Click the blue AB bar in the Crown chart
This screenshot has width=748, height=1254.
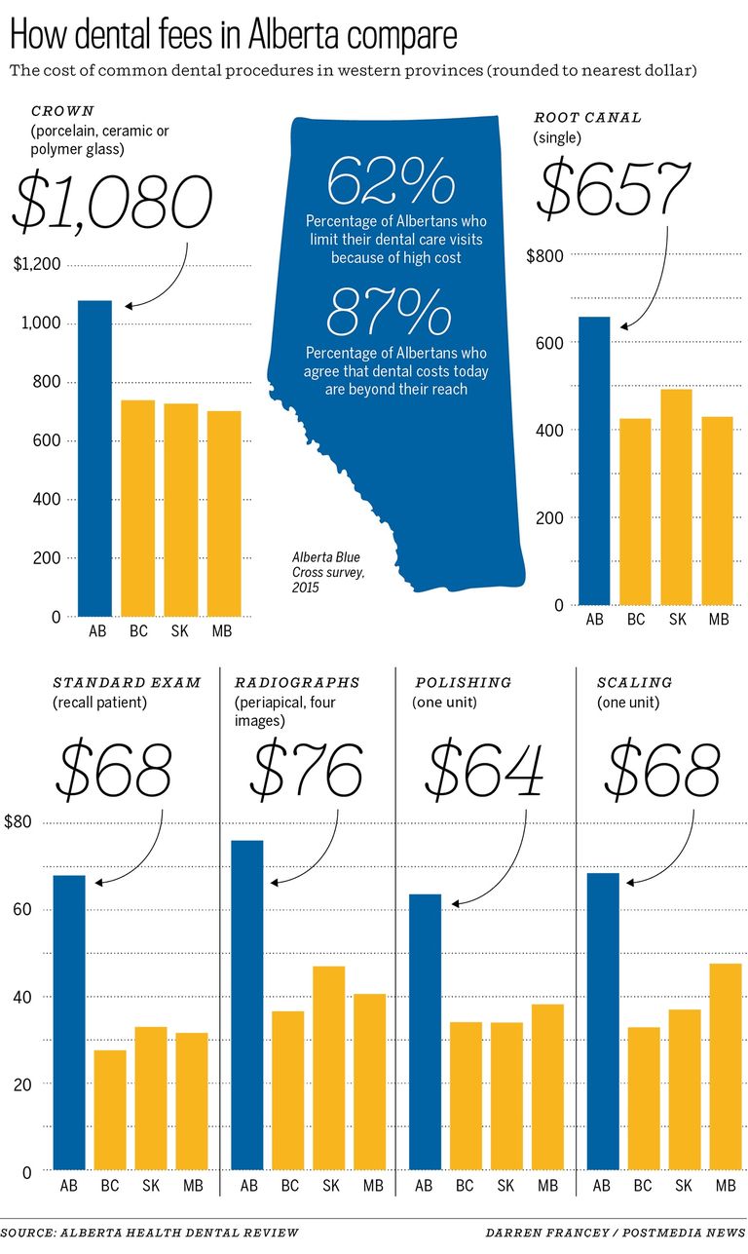94,458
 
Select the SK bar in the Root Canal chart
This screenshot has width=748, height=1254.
676,497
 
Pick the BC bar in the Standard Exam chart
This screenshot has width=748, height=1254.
110,1110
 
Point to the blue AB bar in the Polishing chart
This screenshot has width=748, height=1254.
425,1032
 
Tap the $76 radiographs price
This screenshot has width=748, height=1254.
308,770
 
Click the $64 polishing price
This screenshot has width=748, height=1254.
485,770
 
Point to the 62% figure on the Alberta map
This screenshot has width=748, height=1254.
391,180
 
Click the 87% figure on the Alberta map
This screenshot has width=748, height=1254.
391,313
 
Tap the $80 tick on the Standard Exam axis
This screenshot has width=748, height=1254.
18,822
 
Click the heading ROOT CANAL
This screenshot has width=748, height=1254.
587,118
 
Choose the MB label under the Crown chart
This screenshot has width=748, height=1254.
223,631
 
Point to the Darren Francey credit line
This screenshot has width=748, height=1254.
615,1233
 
